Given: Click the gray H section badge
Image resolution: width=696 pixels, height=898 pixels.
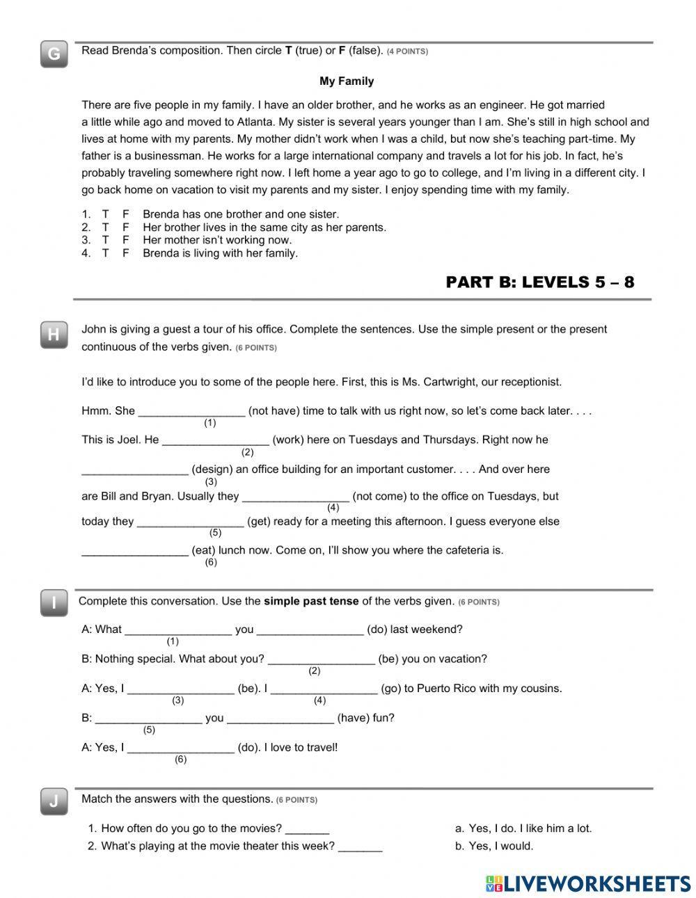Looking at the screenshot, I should pos(54,335).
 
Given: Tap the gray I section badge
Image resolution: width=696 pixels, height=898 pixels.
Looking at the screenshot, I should pos(54,603).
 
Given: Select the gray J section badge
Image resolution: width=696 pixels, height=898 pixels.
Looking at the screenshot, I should pos(54,801).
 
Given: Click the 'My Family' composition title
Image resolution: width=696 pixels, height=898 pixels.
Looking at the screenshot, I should pos(347,81).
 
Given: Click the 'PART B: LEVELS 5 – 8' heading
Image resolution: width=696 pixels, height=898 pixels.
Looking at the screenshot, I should pos(539,282).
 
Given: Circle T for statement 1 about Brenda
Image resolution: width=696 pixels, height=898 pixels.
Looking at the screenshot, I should pos(106,214).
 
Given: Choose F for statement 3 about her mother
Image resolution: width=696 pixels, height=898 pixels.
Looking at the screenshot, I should pos(126,240).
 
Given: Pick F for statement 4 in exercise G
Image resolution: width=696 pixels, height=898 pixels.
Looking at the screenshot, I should pos(126,253).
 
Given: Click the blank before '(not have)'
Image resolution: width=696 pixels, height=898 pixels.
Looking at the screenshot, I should pos(191,411).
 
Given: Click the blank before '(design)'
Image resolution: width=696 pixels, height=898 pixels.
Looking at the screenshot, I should pos(135,470).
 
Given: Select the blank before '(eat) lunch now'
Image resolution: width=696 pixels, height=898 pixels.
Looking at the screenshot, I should pos(135,550).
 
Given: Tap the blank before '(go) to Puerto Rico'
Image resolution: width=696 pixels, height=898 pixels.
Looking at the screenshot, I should pos(324,689).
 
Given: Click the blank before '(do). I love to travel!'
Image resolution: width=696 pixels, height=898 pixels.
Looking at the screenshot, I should pos(181,748).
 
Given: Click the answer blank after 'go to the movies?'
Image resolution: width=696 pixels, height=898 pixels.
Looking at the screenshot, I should pos(307,828).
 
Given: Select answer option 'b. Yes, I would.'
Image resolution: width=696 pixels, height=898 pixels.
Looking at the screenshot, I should pos(494,846).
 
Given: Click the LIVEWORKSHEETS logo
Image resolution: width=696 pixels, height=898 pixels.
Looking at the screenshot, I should pos(587,883).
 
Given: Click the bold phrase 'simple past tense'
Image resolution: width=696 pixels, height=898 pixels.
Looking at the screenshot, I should pos(311,601).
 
